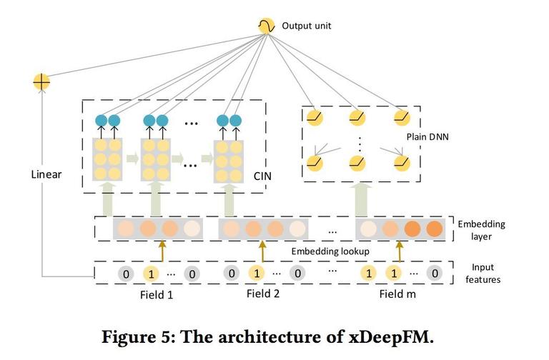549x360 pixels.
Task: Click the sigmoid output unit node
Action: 266,26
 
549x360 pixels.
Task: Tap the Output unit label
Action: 307,26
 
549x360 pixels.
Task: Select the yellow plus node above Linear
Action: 41,82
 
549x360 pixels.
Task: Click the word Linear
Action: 46,174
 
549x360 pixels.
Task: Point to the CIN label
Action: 262,176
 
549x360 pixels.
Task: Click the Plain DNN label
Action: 427,137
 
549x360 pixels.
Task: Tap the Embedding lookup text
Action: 330,251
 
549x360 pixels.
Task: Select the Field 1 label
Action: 157,294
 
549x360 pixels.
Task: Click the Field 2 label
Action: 263,294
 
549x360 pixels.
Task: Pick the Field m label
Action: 397,294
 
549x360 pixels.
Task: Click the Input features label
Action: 483,274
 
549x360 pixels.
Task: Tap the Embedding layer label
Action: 481,230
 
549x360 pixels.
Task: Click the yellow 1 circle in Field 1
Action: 151,274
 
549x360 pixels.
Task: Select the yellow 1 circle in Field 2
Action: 257,273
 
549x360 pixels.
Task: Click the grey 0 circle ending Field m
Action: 435,273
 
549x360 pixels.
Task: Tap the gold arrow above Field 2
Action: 262,251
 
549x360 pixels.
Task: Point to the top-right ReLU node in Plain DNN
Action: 402,118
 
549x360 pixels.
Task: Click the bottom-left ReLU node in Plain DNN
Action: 315,163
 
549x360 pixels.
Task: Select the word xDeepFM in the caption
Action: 392,337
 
